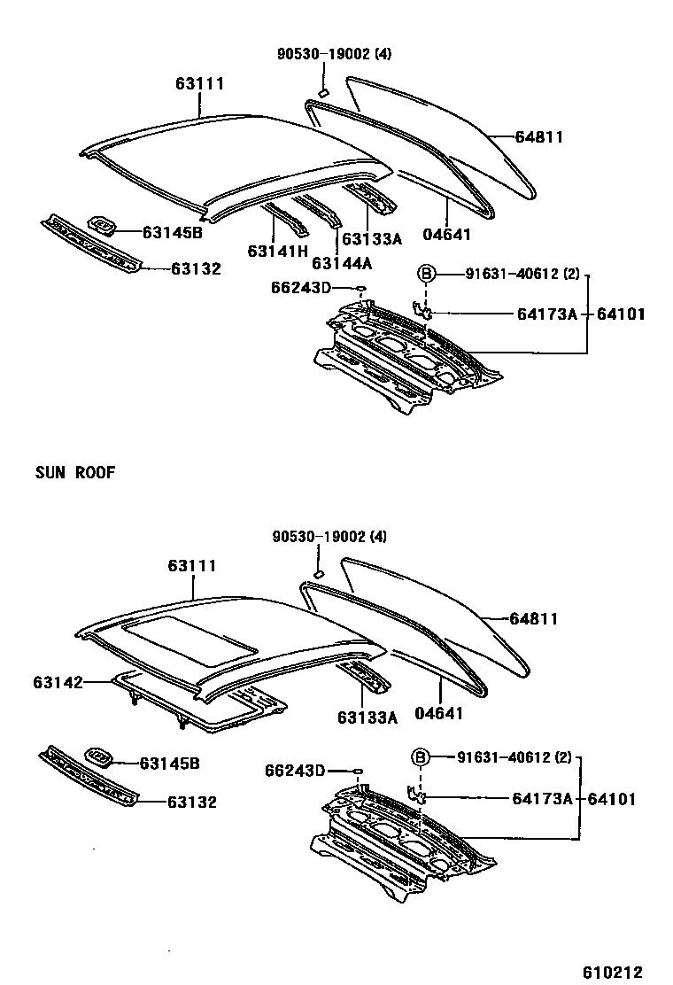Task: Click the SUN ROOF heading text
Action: coord(75,472)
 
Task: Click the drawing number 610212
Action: coord(612,972)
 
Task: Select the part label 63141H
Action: coord(277,252)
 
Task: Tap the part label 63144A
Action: coord(342,262)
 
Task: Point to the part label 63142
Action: coord(58,683)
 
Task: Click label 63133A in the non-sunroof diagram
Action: coord(372,238)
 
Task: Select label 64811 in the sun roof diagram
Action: coord(533,619)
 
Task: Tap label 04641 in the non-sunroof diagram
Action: coord(447,235)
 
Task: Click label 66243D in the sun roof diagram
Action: coord(294,771)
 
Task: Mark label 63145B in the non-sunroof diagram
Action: coord(173,232)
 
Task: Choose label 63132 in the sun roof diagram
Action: coord(192,803)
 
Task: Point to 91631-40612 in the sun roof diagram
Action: coord(504,757)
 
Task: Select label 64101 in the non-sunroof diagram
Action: coord(621,314)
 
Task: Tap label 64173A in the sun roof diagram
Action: coord(542,799)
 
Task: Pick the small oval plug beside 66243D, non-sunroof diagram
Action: coord(361,289)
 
